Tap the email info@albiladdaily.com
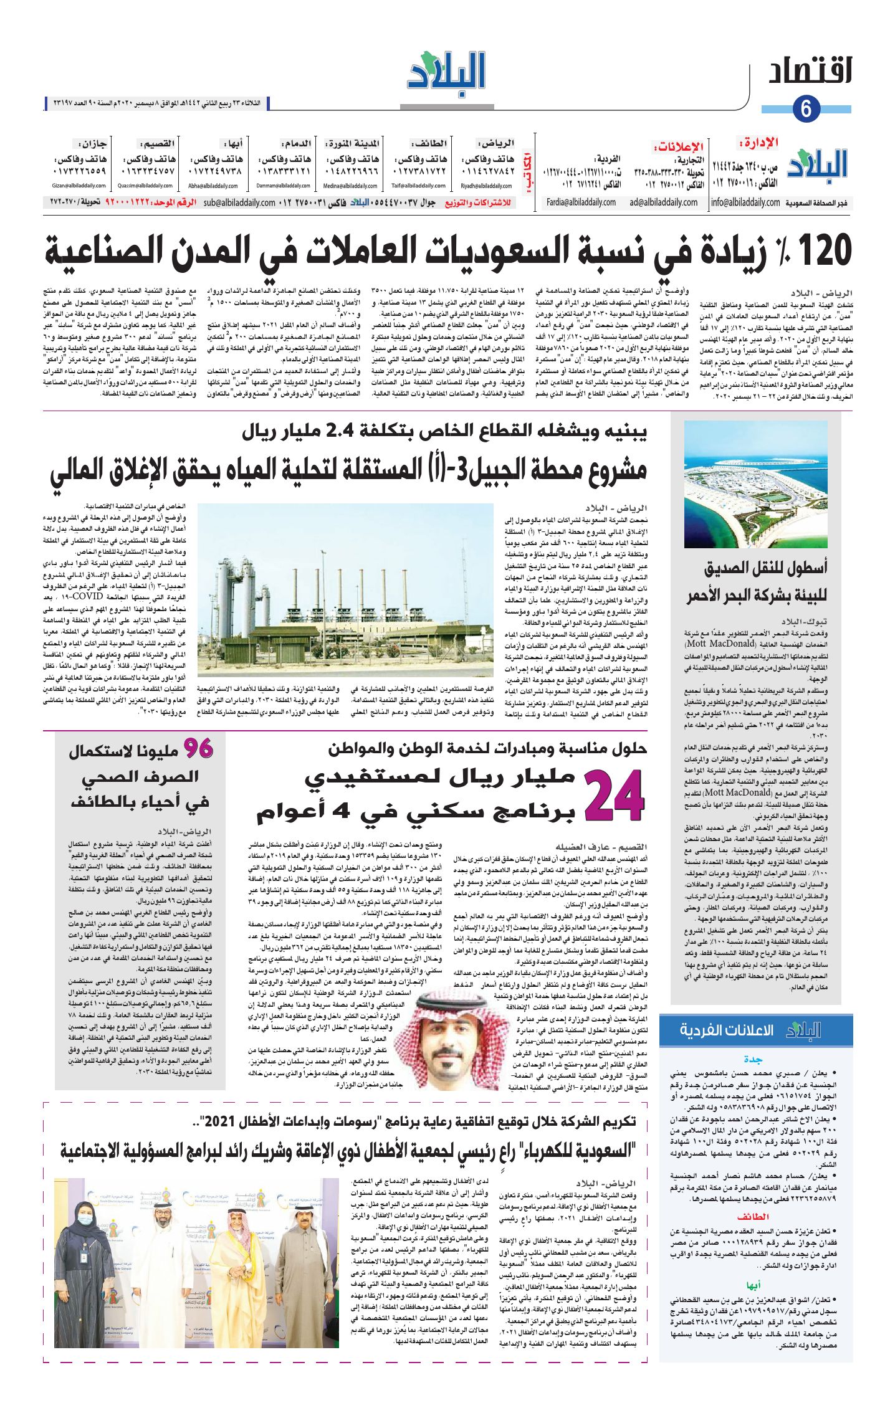point(745,202)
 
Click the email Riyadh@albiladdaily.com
point(487,186)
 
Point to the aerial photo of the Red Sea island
point(755,484)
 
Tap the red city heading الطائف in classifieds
point(753,1215)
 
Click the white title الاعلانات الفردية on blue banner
point(726,1030)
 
